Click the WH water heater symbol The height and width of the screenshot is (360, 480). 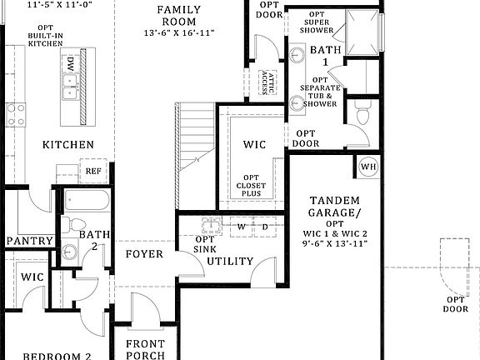(367, 167)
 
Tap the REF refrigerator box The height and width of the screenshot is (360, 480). (92, 172)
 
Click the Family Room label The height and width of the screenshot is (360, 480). (179, 15)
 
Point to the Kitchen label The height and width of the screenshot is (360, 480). (68, 145)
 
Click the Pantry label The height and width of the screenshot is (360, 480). (30, 242)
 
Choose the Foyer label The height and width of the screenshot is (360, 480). (144, 254)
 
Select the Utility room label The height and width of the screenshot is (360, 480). (230, 262)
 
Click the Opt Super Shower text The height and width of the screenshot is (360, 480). (317, 24)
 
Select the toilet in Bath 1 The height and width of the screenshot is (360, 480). (361, 115)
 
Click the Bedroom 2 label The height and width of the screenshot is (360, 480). (57, 356)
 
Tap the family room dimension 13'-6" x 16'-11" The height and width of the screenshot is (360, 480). (179, 32)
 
